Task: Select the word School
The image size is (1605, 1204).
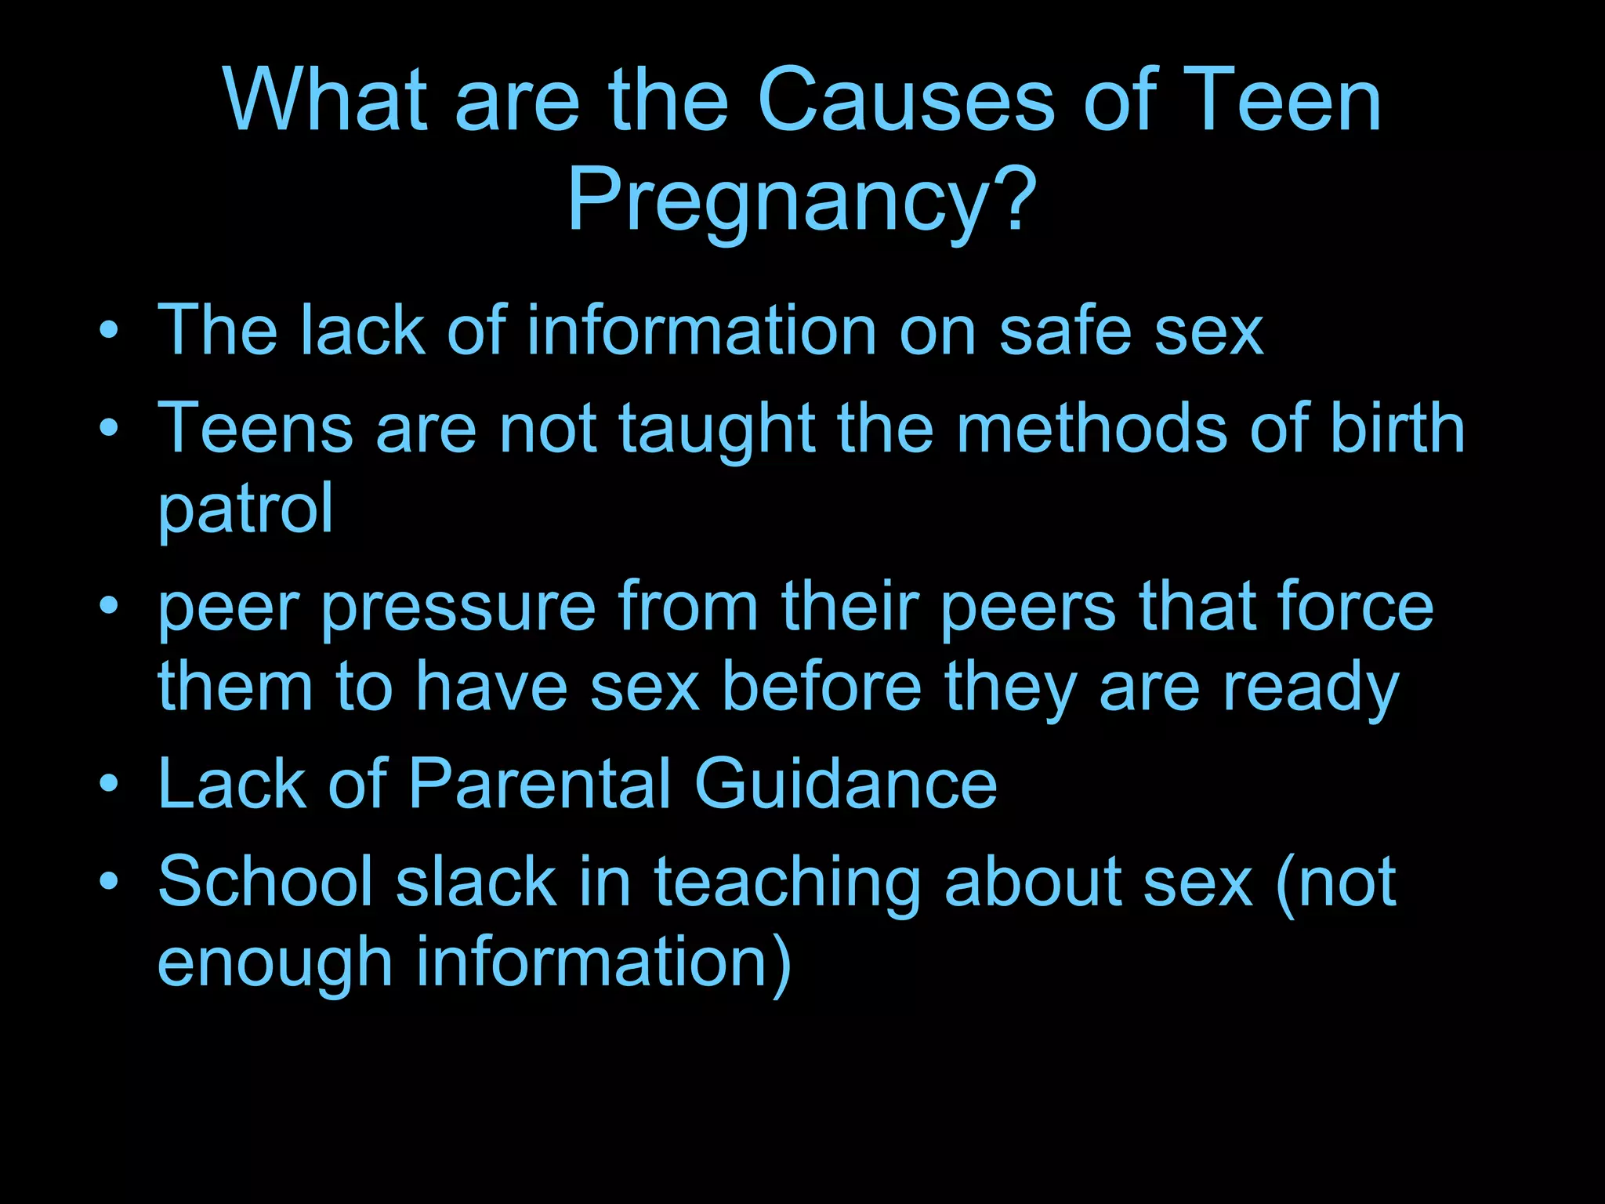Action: [266, 881]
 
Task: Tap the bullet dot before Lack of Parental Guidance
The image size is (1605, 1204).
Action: [109, 783]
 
